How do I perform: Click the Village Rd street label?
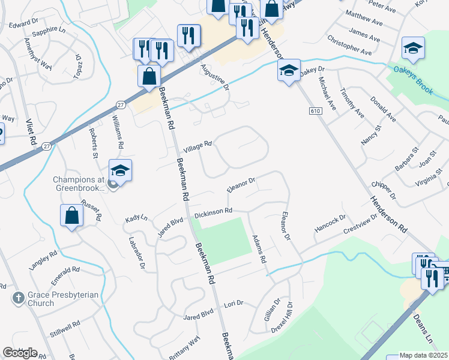coord(197,146)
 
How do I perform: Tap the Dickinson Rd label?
coord(212,212)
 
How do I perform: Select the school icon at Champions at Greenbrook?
coord(120,172)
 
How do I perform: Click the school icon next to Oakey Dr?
coord(289,70)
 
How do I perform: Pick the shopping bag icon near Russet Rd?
coord(71,216)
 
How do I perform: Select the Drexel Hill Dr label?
coord(289,316)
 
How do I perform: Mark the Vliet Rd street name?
coord(30,132)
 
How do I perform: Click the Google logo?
coord(20,353)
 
